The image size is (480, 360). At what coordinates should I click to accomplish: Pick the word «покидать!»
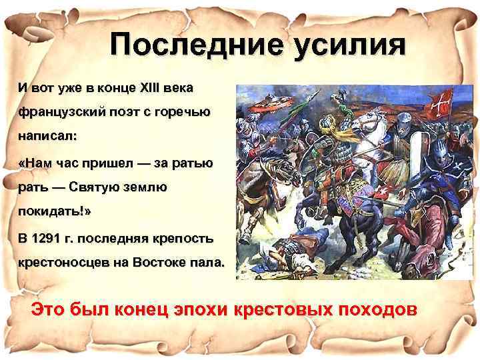click(63, 212)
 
